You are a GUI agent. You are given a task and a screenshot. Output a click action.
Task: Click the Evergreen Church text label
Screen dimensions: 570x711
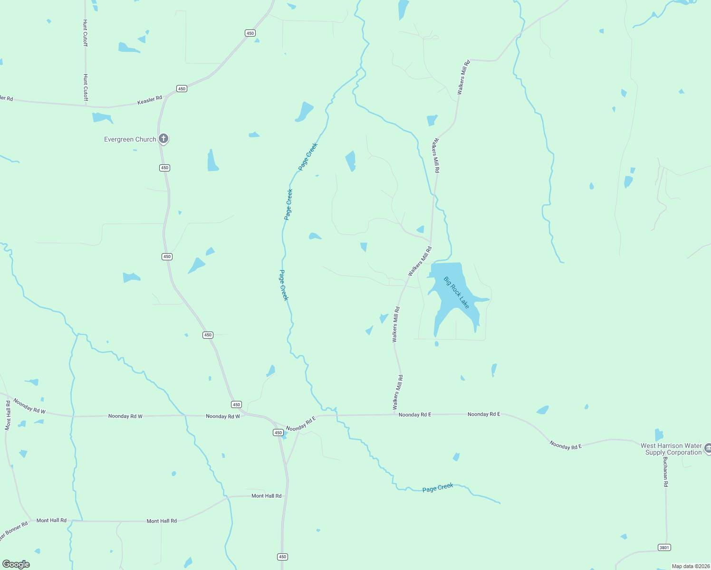pos(130,139)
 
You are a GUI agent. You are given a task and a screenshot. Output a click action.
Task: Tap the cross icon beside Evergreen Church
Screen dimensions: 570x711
pos(163,139)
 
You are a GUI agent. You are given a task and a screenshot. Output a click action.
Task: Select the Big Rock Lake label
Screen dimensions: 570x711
pos(456,293)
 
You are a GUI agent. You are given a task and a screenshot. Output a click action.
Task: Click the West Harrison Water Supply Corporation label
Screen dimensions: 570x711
pos(671,449)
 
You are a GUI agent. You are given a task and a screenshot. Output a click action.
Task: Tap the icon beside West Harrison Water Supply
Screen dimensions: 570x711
pos(708,448)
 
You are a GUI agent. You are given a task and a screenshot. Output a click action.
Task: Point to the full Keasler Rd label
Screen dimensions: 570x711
pos(150,100)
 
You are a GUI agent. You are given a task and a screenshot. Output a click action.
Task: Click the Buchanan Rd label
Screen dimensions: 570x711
pos(665,472)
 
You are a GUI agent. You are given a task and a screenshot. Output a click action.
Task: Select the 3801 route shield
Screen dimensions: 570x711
pos(664,548)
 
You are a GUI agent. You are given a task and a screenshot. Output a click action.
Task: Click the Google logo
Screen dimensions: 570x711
pos(16,564)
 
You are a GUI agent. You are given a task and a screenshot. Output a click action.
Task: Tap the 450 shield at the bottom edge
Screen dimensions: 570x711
pos(282,557)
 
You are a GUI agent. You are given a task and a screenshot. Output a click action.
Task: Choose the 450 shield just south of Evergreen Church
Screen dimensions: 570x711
pos(164,168)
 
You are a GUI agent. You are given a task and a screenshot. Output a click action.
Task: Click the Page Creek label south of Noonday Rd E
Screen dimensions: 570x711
pos(438,488)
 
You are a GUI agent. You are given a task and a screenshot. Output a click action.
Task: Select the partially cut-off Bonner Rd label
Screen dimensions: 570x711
pos(13,531)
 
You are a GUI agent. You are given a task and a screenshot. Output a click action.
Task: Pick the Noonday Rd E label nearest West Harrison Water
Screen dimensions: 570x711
pos(566,445)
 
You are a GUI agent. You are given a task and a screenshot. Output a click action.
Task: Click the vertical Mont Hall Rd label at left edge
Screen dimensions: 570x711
pos(8,415)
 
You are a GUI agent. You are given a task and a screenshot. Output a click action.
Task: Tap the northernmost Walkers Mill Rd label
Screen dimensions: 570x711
pos(463,77)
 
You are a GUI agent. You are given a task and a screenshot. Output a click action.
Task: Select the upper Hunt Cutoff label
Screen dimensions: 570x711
pos(85,33)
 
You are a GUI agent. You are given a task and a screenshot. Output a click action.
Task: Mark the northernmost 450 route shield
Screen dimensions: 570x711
pos(250,33)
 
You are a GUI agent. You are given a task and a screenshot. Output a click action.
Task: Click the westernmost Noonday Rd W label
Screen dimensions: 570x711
pos(29,406)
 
